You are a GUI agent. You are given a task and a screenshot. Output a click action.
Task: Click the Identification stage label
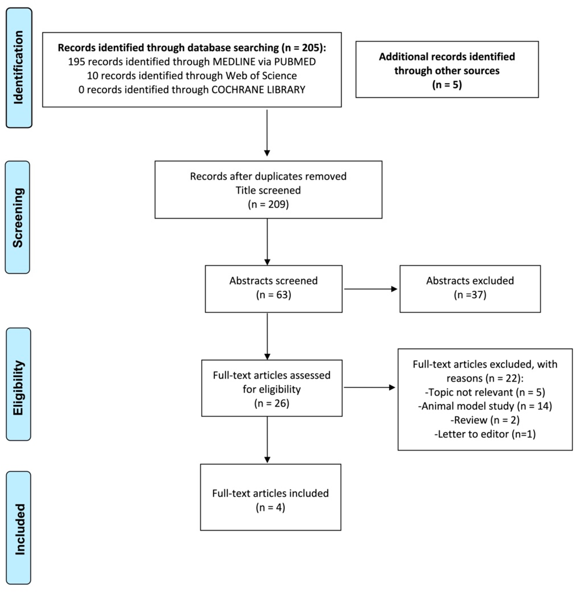tap(19, 68)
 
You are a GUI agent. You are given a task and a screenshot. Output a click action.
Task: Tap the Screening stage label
tap(18, 217)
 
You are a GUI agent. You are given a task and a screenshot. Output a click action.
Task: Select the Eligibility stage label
tap(18, 384)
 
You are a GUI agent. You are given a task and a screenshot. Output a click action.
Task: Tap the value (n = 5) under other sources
tap(447, 84)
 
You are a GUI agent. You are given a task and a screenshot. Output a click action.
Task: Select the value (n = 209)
tap(268, 204)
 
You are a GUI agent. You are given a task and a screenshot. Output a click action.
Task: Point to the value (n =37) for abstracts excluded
tap(470, 295)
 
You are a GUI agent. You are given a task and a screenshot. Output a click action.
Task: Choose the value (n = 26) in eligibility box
tap(272, 403)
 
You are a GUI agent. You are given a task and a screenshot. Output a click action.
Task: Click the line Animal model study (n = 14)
tap(485, 406)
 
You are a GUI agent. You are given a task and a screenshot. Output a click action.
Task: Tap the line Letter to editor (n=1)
tap(485, 434)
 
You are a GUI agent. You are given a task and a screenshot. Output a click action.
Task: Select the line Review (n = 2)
tap(485, 420)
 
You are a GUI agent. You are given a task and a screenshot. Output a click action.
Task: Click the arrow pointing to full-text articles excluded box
tap(369, 388)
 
